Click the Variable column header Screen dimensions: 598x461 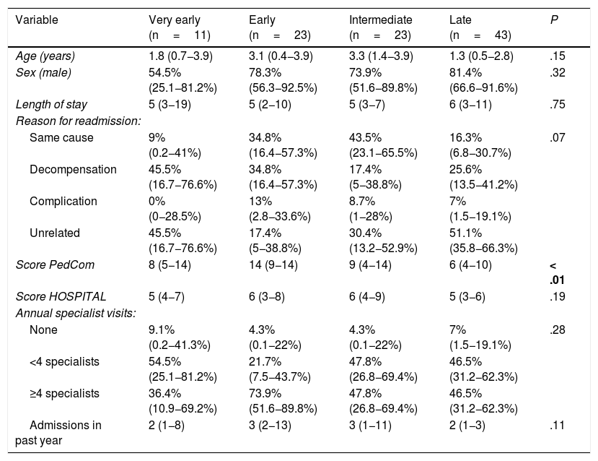coord(37,20)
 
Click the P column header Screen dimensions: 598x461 coord(554,20)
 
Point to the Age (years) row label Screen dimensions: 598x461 coord(45,56)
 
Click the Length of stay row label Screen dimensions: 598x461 coord(51,104)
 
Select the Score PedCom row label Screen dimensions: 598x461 coord(55,264)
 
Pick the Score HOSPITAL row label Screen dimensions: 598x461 coord(61,297)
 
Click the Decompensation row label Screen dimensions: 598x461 coord(74,169)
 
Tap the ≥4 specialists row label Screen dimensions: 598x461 coord(64,393)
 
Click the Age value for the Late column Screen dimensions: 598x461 coord(481,56)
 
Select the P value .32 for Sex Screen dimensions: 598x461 coord(558,72)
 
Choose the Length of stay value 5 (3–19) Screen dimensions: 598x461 coord(170,104)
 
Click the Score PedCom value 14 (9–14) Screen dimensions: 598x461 coord(273,264)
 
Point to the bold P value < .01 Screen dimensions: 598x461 coord(557,272)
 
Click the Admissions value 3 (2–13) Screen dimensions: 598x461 coord(270,425)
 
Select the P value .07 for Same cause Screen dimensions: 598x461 coord(558,137)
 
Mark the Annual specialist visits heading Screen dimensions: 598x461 coord(76,313)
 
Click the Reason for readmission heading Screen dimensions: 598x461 coord(78,121)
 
